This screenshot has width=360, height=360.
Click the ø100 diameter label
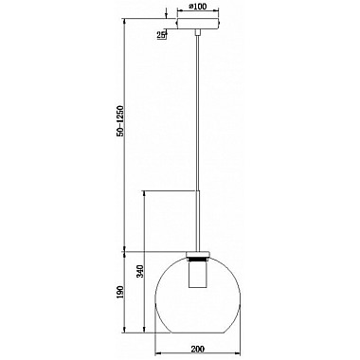[198, 6]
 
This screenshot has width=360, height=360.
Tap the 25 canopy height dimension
[161, 36]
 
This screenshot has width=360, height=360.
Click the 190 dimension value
[120, 294]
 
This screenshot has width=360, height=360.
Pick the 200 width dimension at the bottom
[198, 349]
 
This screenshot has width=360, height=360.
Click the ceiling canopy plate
[198, 24]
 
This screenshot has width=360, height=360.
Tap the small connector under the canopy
[198, 32]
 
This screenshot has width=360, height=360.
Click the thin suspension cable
[198, 113]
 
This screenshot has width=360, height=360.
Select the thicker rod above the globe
[198, 221]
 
